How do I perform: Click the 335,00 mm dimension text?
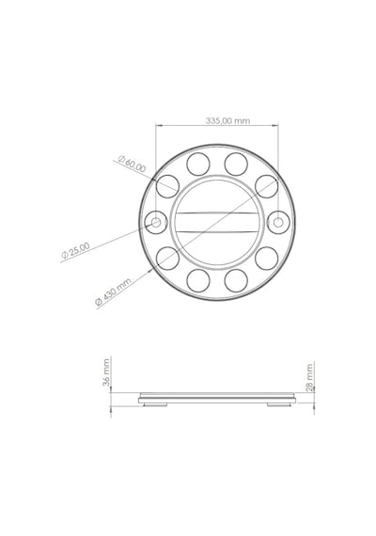point(227,120)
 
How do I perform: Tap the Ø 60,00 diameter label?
point(132,164)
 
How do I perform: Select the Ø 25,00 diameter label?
point(75,250)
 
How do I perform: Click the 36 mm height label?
point(106,372)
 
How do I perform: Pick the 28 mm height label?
point(309,377)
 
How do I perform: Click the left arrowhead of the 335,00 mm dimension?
point(159,125)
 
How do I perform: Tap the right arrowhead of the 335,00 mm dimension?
point(274,125)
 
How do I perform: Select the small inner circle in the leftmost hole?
point(156,223)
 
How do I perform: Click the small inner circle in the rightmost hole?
point(278,223)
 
